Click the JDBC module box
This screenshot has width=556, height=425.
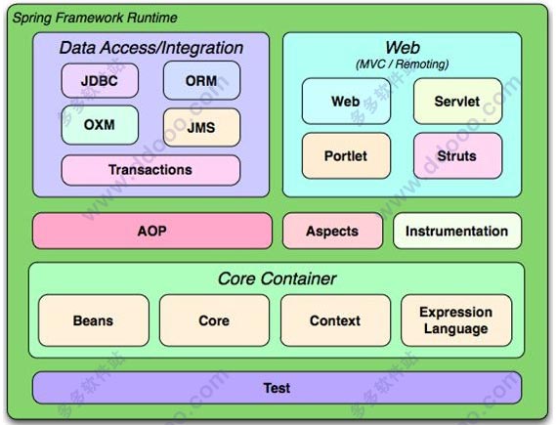pos(100,80)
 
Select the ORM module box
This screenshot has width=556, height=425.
pos(201,80)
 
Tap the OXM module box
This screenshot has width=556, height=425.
pos(100,125)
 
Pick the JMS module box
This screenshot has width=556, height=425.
pos(201,127)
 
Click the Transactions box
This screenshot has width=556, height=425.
pos(150,170)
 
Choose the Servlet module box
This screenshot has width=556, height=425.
pos(457,102)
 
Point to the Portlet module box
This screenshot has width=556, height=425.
pos(346,156)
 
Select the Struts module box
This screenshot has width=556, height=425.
pos(457,156)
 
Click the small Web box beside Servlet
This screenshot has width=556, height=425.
pos(346,102)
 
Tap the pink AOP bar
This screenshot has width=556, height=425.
pos(152,231)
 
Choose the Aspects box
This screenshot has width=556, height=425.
pos(332,231)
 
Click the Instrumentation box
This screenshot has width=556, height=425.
pos(457,231)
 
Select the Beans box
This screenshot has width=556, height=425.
pos(94,320)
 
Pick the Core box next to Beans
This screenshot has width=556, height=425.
pos(214,320)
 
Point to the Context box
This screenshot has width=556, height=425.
pos(335,320)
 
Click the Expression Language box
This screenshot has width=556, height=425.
pos(456,320)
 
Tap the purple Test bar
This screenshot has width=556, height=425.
pos(277,388)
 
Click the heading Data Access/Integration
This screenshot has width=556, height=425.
pos(151,48)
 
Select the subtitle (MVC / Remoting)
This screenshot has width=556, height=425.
pos(403,64)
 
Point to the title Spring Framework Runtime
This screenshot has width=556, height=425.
pos(95,18)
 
